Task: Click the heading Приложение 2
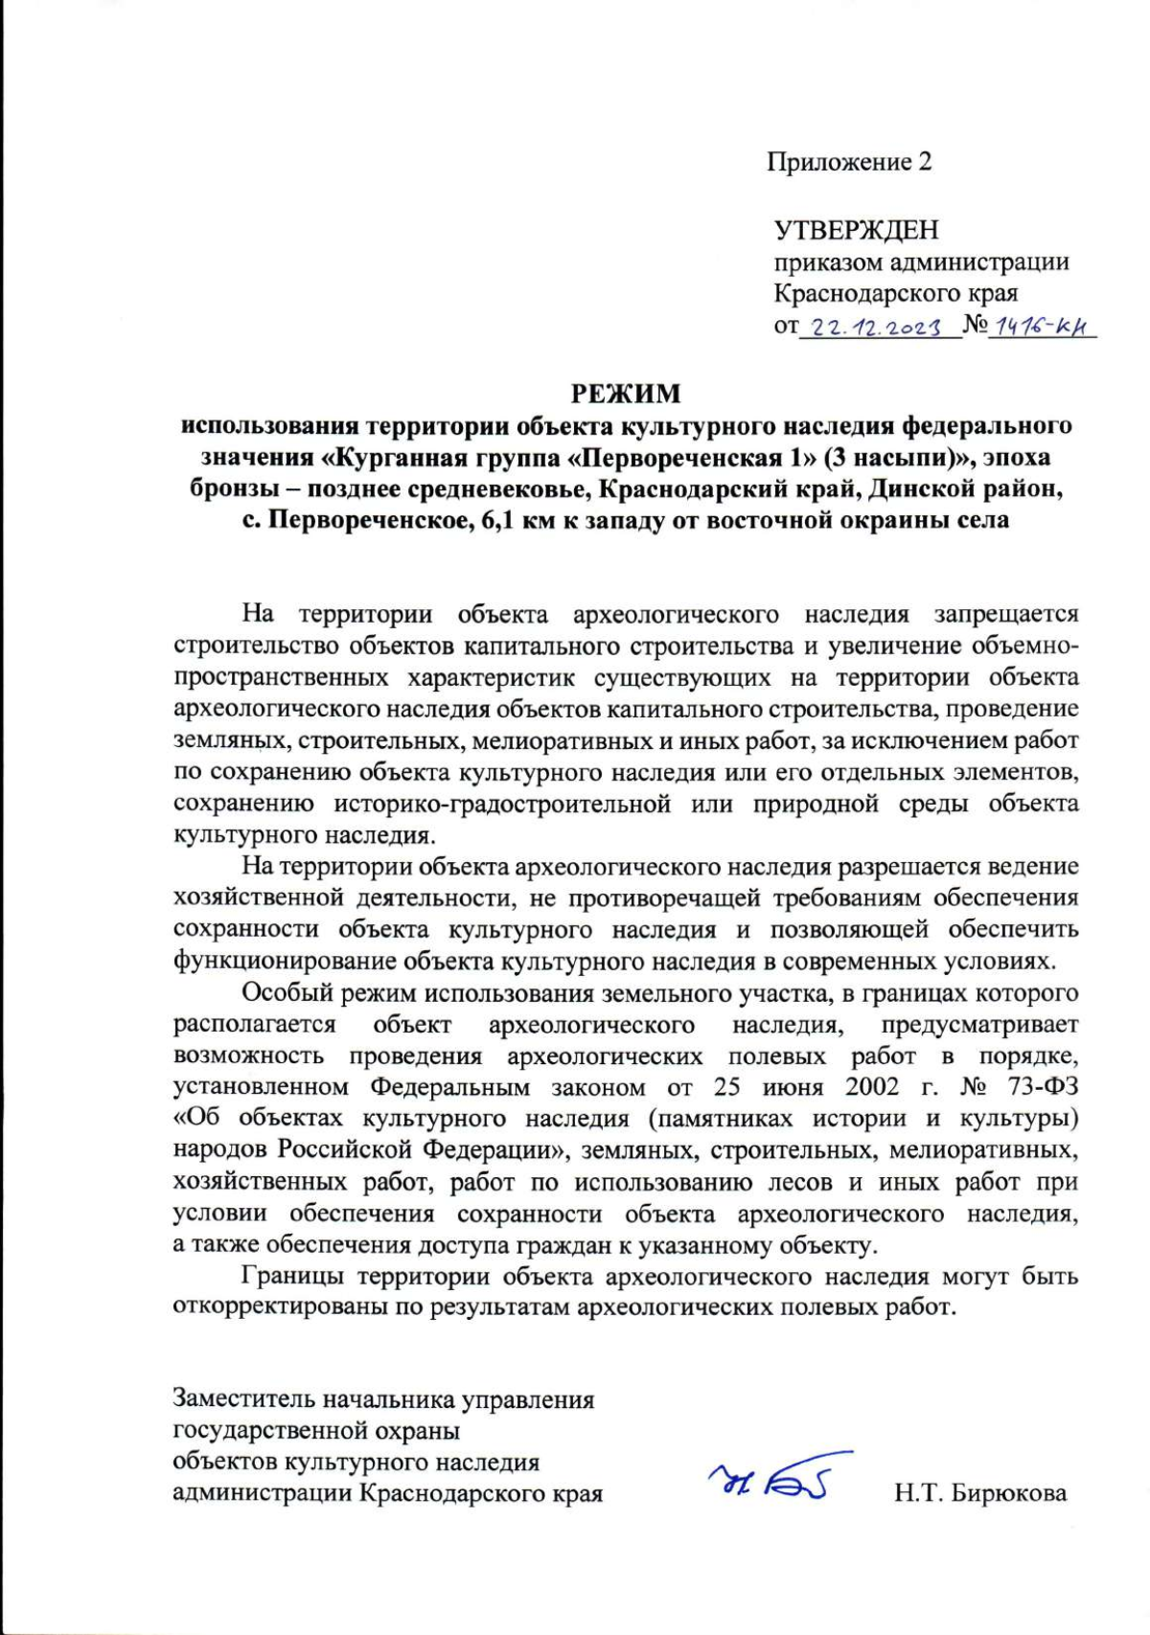click(849, 162)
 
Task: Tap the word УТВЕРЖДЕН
click(856, 230)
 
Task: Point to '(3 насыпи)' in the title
click(900, 457)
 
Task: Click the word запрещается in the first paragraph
click(1006, 614)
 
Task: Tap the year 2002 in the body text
click(871, 1087)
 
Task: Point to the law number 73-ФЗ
click(1044, 1087)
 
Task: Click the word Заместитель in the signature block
click(243, 1399)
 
